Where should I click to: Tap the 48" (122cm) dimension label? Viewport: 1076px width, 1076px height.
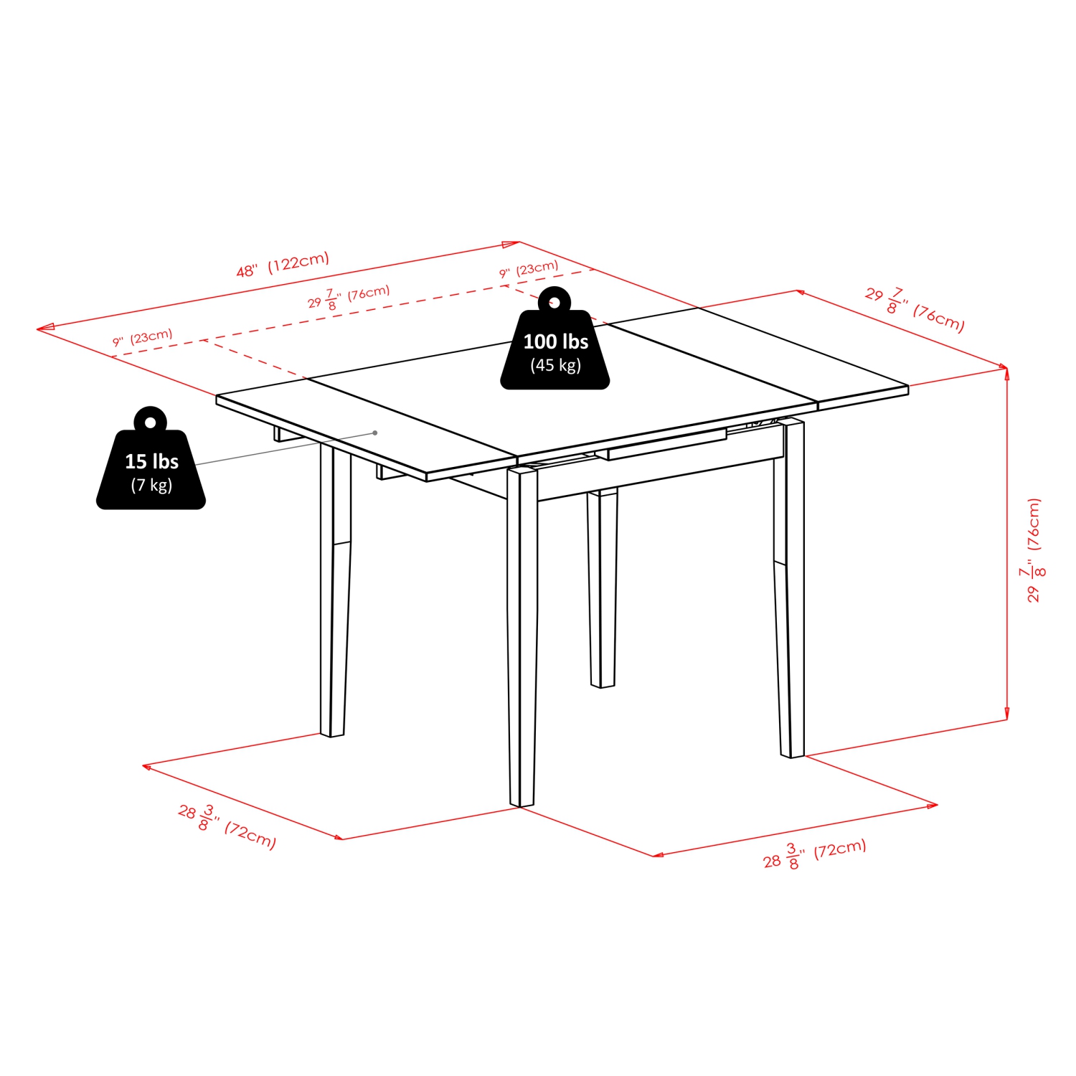click(283, 264)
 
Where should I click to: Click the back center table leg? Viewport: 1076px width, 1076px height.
click(603, 588)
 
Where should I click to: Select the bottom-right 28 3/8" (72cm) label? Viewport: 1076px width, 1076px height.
click(814, 854)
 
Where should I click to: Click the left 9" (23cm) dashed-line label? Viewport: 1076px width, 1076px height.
click(143, 338)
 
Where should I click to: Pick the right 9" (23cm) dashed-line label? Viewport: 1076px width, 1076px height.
click(529, 270)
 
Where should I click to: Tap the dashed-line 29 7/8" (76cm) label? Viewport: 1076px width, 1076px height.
click(349, 297)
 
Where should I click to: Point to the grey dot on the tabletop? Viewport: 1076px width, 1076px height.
click(375, 433)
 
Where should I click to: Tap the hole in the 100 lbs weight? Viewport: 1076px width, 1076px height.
click(554, 302)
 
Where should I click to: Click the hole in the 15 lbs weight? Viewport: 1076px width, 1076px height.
click(151, 423)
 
